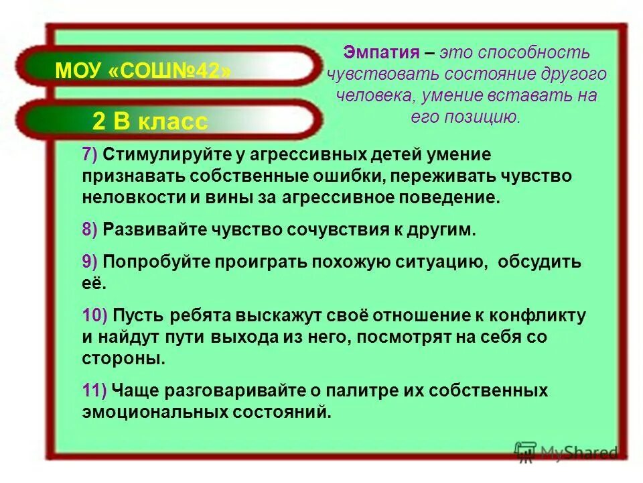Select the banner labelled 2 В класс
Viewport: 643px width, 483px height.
150,121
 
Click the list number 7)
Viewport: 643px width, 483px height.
90,155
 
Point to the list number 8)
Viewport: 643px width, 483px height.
90,229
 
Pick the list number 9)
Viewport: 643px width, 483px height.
90,262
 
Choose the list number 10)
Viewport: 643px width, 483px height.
94,315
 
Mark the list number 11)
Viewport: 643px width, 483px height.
94,390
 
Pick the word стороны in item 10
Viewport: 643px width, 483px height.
123,358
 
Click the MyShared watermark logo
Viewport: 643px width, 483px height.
566,452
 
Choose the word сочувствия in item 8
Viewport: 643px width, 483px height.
334,229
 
